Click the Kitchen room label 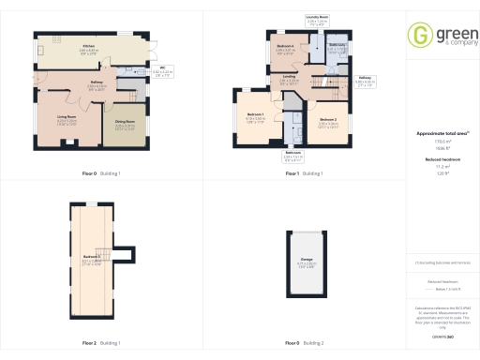tap(89, 45)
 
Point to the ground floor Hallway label tap(96, 84)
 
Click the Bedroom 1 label tap(256, 117)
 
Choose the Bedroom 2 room tap(328, 121)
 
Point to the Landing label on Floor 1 tap(292, 79)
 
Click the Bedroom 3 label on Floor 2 tap(90, 258)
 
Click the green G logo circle tap(419, 35)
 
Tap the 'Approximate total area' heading tap(440, 134)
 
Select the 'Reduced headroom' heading tap(440, 160)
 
